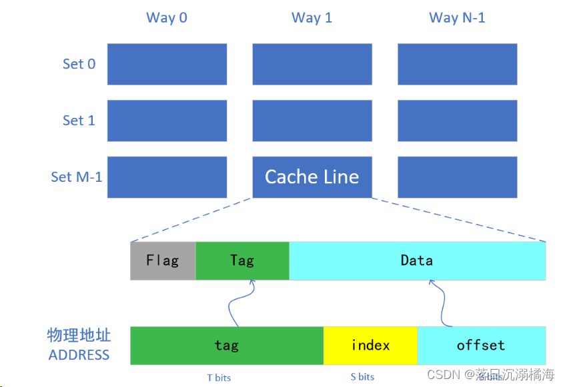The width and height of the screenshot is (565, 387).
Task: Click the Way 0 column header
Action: point(167,18)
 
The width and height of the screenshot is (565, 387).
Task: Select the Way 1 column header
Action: point(312,18)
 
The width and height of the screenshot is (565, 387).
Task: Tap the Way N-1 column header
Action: point(457,18)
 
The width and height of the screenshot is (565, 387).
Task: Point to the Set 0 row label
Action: point(79,64)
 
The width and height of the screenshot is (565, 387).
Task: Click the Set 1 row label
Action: point(79,121)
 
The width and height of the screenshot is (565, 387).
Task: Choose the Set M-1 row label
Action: point(77,177)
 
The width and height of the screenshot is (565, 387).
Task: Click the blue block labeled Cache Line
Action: point(312,177)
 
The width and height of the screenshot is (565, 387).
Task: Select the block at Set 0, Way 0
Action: point(167,64)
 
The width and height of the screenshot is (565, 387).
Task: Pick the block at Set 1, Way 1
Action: point(312,121)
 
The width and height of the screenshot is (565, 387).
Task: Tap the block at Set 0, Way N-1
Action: point(457,64)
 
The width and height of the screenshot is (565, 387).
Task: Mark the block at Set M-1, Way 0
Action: point(167,177)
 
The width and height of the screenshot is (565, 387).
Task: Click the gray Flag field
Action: point(163,260)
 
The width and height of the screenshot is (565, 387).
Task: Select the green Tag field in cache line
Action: point(242,260)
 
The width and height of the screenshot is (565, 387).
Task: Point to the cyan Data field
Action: point(417,260)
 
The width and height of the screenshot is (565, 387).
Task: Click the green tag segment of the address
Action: point(226,345)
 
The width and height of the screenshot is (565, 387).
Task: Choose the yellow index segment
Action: point(370,345)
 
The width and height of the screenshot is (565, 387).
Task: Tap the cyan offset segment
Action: point(481,345)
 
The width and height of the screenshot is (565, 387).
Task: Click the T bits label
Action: point(219,378)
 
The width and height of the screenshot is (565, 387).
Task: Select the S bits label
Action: point(362,377)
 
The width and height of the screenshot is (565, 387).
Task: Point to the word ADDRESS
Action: point(79,354)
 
